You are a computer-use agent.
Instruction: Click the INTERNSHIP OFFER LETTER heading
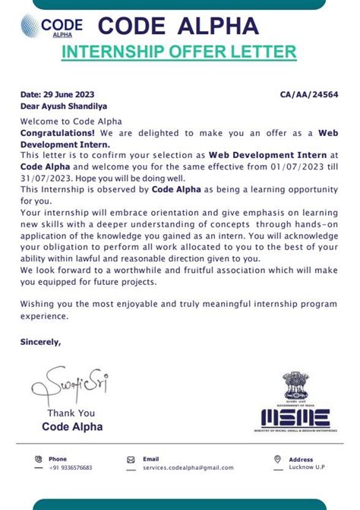tap(178, 52)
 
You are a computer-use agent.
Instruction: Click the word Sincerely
tap(40, 341)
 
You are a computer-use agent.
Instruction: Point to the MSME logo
tap(296, 417)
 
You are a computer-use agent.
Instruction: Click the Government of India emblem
tap(295, 388)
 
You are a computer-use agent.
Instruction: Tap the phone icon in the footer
tap(38, 459)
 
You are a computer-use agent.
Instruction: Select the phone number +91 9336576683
tap(71, 467)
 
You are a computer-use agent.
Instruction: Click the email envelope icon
tap(131, 459)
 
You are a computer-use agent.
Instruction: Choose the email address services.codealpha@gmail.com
tap(188, 467)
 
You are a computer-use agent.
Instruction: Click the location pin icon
tap(278, 459)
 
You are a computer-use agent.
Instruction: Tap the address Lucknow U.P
tap(308, 467)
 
